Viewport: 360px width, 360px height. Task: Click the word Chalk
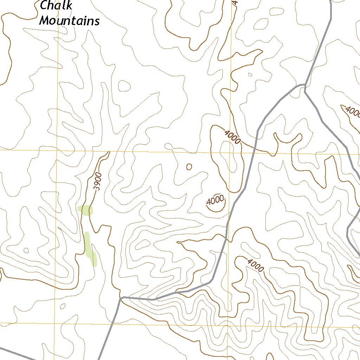click(56, 5)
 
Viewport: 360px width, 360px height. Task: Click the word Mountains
click(69, 21)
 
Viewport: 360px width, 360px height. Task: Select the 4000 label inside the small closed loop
click(215, 201)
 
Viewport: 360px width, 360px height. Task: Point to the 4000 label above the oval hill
click(232, 137)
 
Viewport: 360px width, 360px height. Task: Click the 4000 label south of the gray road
click(255, 265)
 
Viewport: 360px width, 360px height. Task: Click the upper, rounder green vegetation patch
click(85, 211)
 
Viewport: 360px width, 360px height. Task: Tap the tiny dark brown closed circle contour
click(189, 167)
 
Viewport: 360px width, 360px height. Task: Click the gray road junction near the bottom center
click(121, 298)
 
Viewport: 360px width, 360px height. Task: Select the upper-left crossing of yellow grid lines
click(57, 150)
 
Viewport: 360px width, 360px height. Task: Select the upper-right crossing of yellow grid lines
click(231, 153)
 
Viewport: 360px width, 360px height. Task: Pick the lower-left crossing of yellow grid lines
click(54, 323)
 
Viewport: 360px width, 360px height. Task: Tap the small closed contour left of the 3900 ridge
click(26, 250)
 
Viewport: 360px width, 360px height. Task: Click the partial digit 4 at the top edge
click(235, 2)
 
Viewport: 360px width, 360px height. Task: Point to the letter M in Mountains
click(44, 21)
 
